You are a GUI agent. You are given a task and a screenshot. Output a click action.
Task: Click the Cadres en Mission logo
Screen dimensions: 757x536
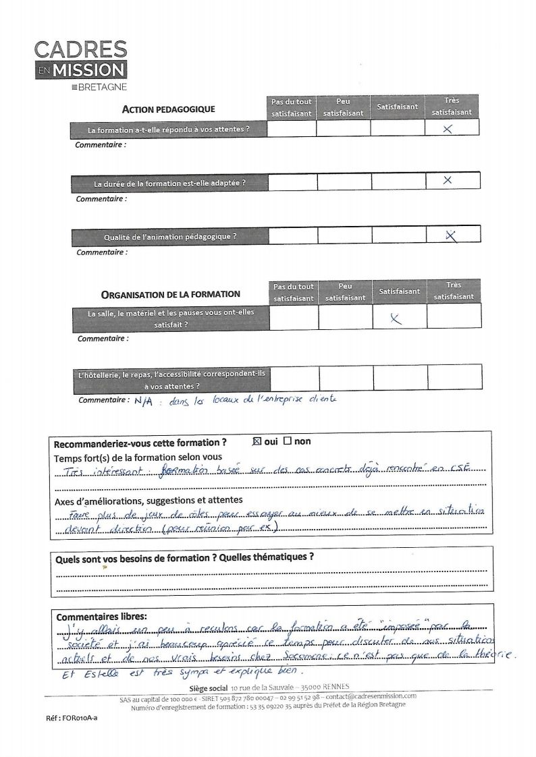pos(81,61)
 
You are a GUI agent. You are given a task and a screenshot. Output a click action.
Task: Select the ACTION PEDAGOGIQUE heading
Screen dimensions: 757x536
pos(168,109)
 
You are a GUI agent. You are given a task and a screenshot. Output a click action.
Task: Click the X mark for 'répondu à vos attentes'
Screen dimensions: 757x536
pos(448,129)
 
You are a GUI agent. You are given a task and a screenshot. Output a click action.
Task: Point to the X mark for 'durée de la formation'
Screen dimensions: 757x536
pos(447,180)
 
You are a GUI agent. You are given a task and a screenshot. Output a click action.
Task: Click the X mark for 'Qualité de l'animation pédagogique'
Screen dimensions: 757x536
pos(452,235)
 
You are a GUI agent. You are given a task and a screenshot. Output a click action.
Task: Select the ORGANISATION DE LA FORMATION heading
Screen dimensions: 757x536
pos(170,294)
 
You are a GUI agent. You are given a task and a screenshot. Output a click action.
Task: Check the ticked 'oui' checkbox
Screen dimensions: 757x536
pos(256,441)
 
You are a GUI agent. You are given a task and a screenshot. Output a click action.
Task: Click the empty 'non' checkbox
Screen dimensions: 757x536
pos(288,441)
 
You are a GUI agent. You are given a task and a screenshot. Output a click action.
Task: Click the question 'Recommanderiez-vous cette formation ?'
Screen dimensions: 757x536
pos(140,443)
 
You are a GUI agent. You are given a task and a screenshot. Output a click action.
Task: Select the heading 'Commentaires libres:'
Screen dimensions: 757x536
pos(101,617)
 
